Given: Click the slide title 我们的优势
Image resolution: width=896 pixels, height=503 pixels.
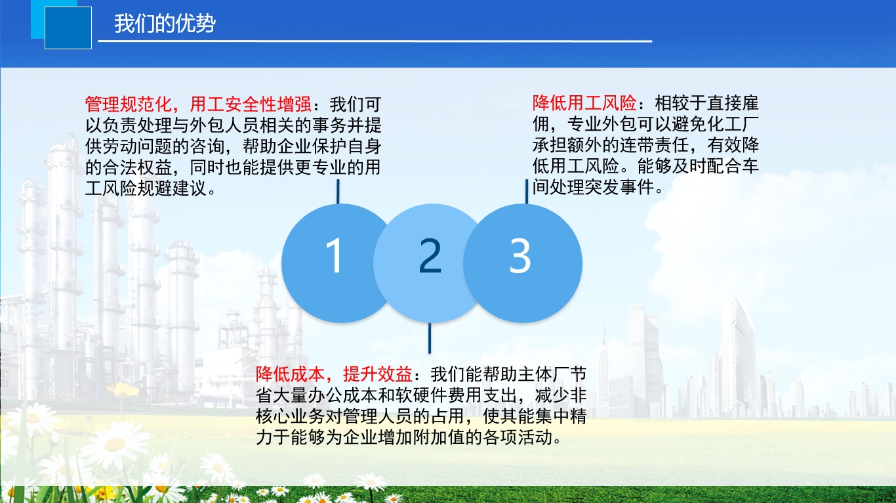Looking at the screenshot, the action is [165, 23].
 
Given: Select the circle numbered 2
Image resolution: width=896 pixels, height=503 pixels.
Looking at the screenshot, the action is [430, 263].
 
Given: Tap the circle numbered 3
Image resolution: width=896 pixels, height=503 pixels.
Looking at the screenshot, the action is [523, 263].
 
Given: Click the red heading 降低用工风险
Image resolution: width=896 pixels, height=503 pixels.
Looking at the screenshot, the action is [584, 103].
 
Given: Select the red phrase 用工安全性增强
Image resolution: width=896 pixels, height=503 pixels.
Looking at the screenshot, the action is [251, 104].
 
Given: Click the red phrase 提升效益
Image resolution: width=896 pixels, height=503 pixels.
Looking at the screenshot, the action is [378, 374].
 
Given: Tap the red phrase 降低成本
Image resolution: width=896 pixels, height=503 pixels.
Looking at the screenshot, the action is [291, 374].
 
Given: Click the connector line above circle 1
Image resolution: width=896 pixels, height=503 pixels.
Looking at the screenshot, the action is [338, 192].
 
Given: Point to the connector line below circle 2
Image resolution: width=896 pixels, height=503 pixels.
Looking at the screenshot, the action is [430, 338].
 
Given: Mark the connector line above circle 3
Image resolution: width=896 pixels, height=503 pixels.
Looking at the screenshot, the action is [527, 192].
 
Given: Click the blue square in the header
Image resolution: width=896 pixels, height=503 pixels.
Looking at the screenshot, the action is [68, 28].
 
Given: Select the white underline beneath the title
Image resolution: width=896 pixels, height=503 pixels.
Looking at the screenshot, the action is [375, 41].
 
